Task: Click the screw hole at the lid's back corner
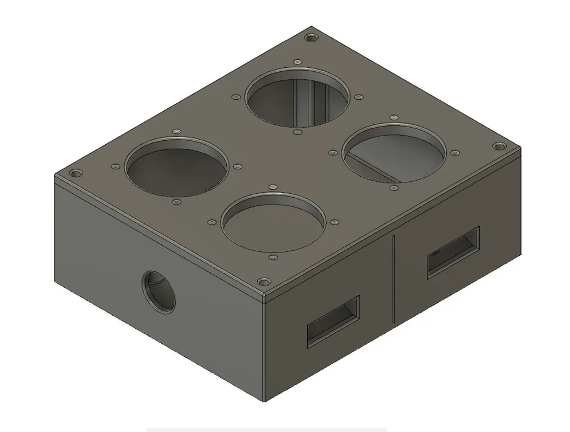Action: tap(311, 38)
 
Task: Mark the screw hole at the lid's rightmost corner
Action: tap(499, 146)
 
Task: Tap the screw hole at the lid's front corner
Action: tap(263, 282)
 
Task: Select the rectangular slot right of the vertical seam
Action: tap(453, 251)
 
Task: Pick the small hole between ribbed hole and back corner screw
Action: tap(296, 62)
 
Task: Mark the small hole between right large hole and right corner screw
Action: tap(454, 153)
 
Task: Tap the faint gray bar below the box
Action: tap(267, 429)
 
